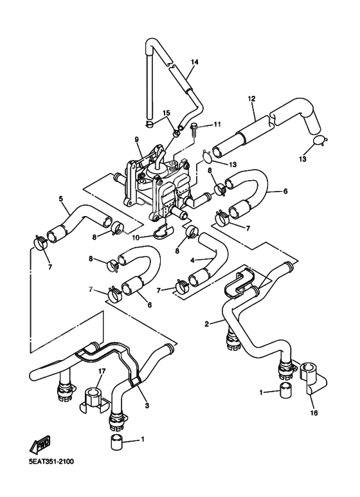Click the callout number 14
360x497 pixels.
point(194,62)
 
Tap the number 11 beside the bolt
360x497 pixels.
point(217,124)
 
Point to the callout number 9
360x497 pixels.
point(136,139)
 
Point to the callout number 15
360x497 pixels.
point(166,113)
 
